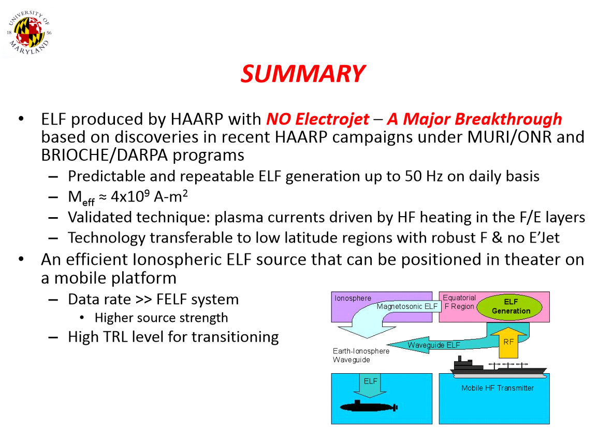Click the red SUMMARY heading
coord(303,74)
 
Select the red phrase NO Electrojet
coord(317,119)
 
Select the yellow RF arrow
coord(508,342)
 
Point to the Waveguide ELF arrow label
coord(433,345)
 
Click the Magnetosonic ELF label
coord(407,306)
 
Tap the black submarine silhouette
coord(368,407)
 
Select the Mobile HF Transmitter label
coord(497,388)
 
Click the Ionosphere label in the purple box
coord(353,299)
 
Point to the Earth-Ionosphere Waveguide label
coord(360,355)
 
